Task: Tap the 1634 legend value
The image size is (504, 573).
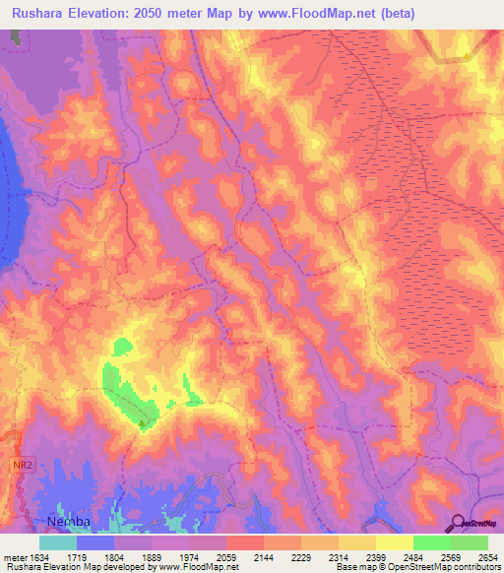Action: [39, 557]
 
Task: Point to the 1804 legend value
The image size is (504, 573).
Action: [114, 557]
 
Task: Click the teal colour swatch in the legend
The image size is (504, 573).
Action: [58, 542]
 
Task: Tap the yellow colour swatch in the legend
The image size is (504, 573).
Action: [394, 542]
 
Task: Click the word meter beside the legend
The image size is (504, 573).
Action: [13, 557]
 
